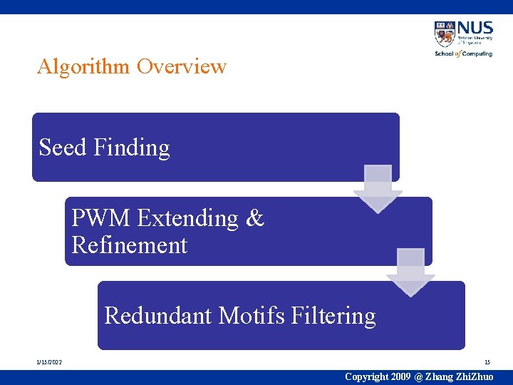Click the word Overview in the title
pos(182,67)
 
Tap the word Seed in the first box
pos(63,148)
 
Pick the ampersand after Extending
pos(254,218)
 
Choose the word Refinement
pos(129,245)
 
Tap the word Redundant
pos(158,315)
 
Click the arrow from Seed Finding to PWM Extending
pos(378,188)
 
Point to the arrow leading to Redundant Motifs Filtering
pos(410,272)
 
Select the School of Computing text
pos(463,53)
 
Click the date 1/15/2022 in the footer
pos(49,363)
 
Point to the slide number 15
pos(487,363)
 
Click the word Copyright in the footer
pos(366,376)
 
